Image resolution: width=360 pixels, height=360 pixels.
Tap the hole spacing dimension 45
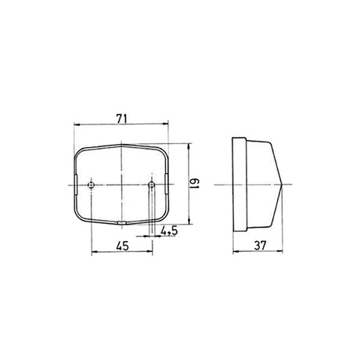121,246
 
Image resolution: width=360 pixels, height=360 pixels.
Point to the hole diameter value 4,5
167,231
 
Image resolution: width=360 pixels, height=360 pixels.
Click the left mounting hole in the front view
92,185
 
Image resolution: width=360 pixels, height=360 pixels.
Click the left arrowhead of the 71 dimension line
76,124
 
